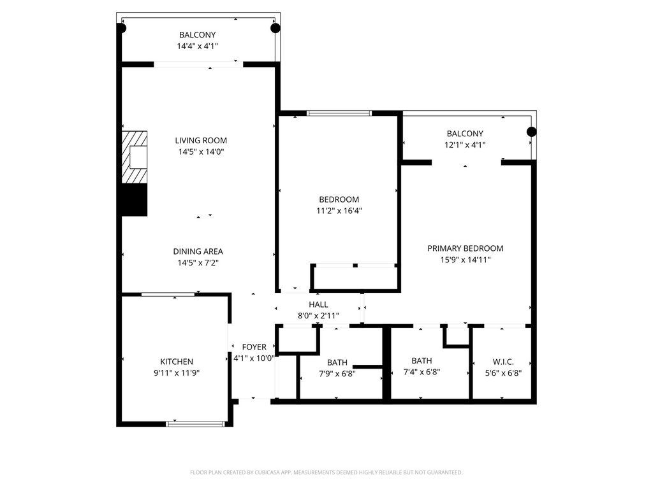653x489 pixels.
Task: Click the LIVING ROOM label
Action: (201, 141)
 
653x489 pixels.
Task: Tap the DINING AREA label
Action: (198, 252)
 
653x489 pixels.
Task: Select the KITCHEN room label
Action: (177, 362)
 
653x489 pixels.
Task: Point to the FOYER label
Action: (254, 347)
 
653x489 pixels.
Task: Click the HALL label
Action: (319, 305)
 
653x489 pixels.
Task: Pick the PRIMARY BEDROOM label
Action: (465, 249)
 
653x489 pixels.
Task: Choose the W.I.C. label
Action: (503, 362)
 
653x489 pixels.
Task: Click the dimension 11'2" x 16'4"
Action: (339, 211)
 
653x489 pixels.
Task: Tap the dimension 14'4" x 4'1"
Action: (198, 46)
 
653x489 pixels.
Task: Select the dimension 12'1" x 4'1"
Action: (465, 145)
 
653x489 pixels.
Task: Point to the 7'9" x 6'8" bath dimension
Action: (337, 374)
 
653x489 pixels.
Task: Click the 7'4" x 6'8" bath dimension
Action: (422, 372)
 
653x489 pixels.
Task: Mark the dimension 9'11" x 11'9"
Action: (177, 373)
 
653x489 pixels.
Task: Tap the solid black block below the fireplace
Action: (134, 200)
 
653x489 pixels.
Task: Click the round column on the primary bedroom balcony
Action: (531, 132)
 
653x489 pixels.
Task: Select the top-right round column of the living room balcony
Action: (275, 28)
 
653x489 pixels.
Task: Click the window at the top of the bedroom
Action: (339, 113)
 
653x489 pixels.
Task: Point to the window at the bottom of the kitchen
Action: (195, 424)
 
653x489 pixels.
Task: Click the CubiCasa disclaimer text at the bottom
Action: (326, 472)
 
